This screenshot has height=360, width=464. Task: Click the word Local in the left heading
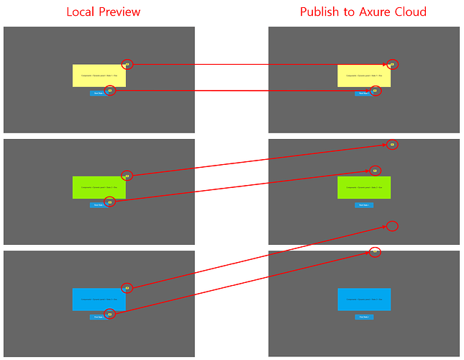(81, 12)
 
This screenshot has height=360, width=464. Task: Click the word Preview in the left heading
(119, 12)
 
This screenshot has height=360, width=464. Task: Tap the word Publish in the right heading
(321, 12)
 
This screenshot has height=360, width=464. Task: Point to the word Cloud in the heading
(409, 12)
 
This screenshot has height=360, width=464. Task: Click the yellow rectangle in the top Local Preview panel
(99, 76)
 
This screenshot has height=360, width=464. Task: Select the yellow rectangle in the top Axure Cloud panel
(364, 76)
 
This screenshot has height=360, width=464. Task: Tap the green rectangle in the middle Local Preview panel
(99, 187)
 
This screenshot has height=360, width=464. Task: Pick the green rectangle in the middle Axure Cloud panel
(364, 187)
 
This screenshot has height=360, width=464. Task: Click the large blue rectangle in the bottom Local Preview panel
(99, 300)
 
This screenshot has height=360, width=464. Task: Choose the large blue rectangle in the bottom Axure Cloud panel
(364, 300)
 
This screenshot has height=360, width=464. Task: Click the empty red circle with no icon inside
(392, 226)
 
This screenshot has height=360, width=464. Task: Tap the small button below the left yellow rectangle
(98, 93)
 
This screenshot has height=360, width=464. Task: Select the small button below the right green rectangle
(364, 205)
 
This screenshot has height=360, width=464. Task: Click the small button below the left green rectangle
(98, 205)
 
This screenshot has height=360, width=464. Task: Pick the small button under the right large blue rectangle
(364, 317)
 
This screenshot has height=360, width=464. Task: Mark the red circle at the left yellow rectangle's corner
(127, 64)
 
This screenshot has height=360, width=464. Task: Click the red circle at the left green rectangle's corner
(127, 176)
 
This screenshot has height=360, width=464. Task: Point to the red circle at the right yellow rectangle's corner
(392, 64)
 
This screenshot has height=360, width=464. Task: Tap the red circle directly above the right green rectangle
(375, 171)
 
